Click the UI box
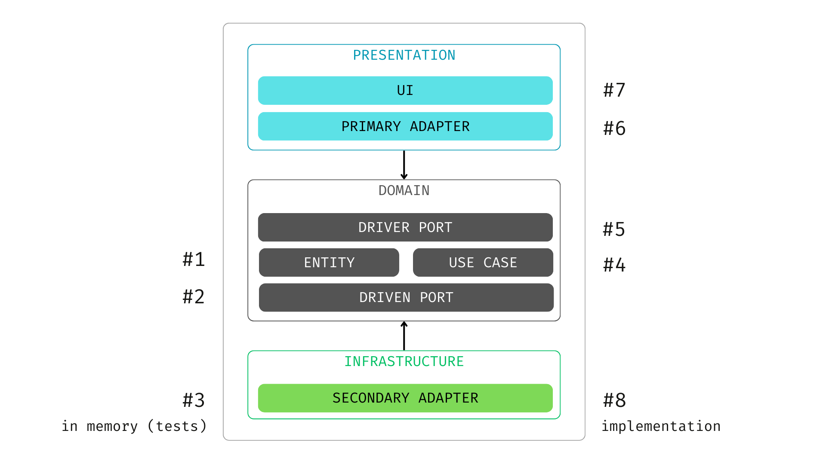(405, 91)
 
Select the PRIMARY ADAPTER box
(405, 126)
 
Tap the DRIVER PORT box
(405, 227)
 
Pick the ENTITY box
(329, 263)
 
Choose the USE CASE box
(483, 263)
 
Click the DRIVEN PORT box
(406, 297)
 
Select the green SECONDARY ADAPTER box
(405, 398)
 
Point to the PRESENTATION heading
(404, 55)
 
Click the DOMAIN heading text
(404, 191)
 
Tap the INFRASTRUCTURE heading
(404, 362)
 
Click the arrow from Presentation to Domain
(404, 165)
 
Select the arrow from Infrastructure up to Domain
(404, 336)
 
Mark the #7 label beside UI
(614, 90)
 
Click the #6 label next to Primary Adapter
(614, 128)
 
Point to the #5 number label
(614, 229)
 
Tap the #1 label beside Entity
(194, 259)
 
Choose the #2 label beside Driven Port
(194, 297)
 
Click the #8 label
(614, 400)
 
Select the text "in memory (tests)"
(134, 426)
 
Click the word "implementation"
(661, 426)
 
